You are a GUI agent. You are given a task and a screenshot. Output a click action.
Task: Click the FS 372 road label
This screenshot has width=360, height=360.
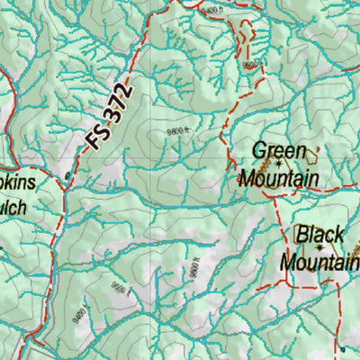pyautogui.click(x=111, y=115)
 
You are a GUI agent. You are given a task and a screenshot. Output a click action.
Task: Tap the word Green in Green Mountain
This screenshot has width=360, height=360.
pyautogui.click(x=279, y=150)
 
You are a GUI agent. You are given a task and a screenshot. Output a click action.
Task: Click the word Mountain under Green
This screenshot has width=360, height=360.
pyautogui.click(x=278, y=178)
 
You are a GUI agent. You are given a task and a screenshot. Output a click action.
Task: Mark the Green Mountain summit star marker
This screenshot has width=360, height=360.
pyautogui.click(x=279, y=164)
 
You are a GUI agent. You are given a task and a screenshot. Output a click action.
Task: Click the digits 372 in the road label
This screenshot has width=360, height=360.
pyautogui.click(x=121, y=101)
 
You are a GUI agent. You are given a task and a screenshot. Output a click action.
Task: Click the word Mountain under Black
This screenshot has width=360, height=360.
pyautogui.click(x=319, y=262)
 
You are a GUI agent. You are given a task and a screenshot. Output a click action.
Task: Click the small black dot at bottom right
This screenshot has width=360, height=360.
pyautogui.click(x=342, y=348)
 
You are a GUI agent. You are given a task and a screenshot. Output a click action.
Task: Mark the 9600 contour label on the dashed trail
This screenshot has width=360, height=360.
pyautogui.click(x=249, y=65)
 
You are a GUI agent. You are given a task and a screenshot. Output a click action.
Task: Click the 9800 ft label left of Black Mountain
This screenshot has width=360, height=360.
pyautogui.click(x=193, y=268)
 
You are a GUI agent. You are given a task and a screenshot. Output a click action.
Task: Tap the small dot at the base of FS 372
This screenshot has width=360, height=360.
pyautogui.click(x=68, y=174)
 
